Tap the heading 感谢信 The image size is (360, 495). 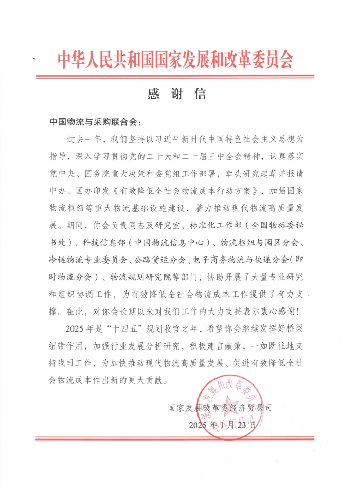pos(176,94)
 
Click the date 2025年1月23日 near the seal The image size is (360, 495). pos(223,425)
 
